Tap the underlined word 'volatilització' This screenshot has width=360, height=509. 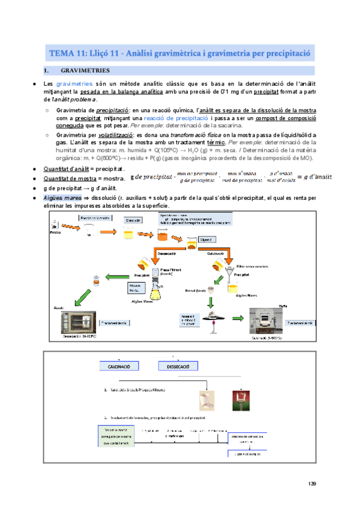click(114, 136)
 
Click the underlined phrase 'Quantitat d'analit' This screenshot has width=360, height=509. click(66, 170)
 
